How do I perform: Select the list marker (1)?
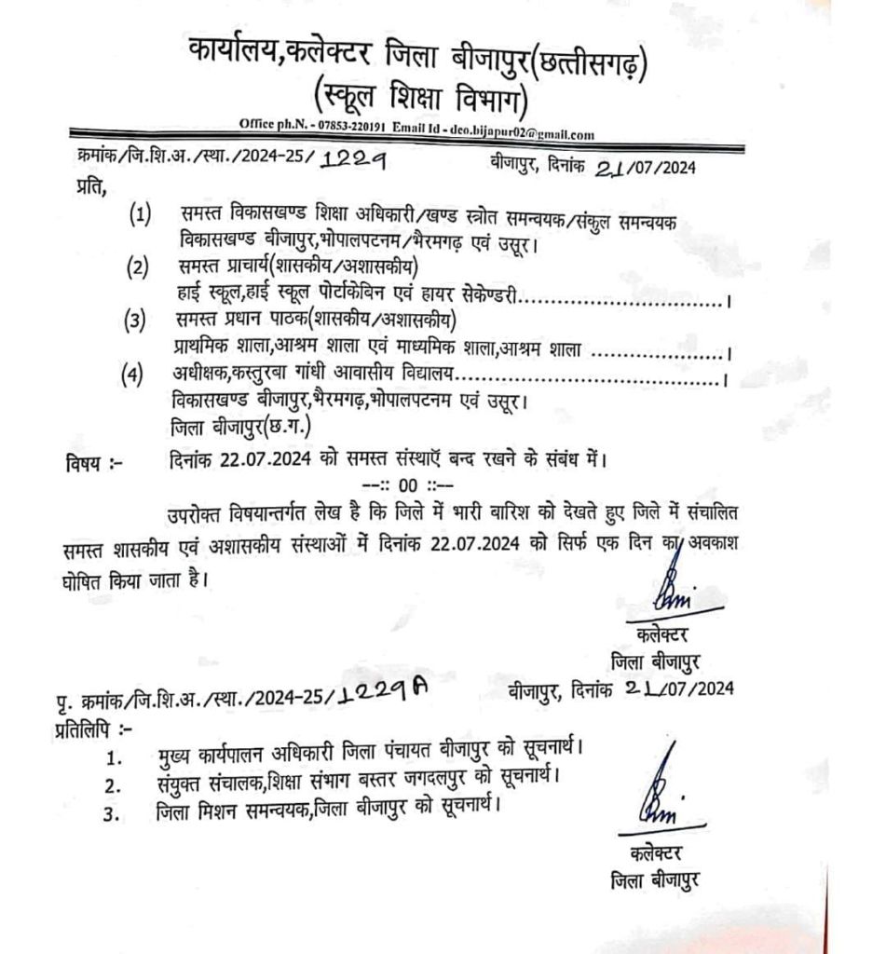pos(140,216)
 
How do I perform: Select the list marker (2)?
pos(140,268)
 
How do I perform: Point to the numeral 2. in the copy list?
pos(114,784)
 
